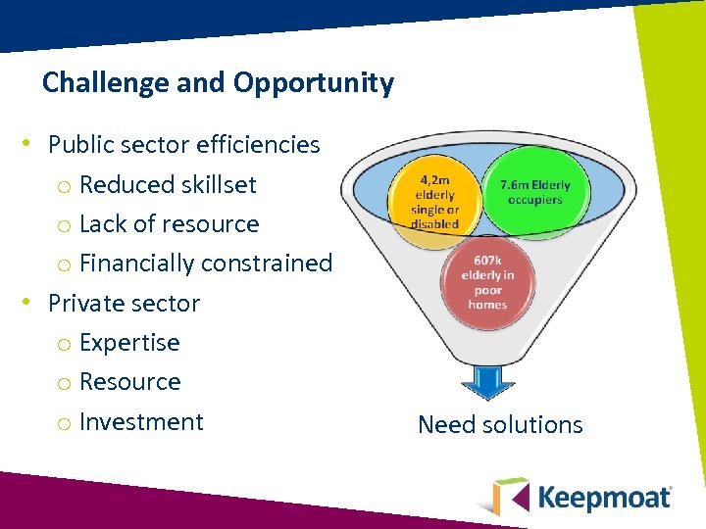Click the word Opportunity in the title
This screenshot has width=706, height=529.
pyautogui.click(x=314, y=83)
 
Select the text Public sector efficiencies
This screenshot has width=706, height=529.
pyautogui.click(x=184, y=145)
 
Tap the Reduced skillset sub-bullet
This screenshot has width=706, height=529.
pyautogui.click(x=168, y=184)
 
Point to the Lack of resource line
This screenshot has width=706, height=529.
pyautogui.click(x=169, y=223)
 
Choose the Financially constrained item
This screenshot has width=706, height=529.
pyautogui.click(x=206, y=264)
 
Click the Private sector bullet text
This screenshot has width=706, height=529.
pyautogui.click(x=124, y=304)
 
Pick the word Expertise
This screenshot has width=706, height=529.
pyautogui.click(x=129, y=343)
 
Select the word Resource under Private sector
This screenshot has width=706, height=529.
pyautogui.click(x=129, y=382)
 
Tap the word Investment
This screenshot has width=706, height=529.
pyautogui.click(x=141, y=422)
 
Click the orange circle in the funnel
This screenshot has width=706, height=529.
pyautogui.click(x=434, y=202)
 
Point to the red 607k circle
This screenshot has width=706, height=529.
pyautogui.click(x=487, y=284)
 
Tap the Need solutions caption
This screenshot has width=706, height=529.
pyautogui.click(x=500, y=425)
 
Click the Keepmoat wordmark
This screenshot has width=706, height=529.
pyautogui.click(x=604, y=498)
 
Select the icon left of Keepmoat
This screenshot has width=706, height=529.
pyautogui.click(x=510, y=496)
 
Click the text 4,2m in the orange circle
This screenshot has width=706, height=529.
pyautogui.click(x=435, y=181)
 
